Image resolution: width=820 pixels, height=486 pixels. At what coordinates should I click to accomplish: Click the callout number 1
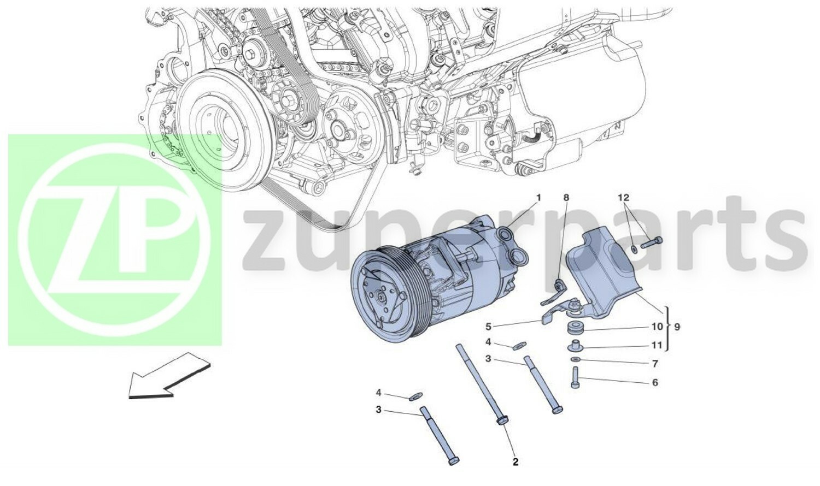click(538, 197)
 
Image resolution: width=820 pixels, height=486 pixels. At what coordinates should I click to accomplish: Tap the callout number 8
click(566, 197)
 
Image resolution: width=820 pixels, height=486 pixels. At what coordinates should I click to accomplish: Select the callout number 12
click(624, 197)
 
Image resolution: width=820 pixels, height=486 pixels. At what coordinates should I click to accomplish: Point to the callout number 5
click(488, 327)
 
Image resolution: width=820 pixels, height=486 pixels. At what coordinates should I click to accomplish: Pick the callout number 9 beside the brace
click(677, 327)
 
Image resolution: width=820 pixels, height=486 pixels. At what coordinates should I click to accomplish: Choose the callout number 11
click(657, 345)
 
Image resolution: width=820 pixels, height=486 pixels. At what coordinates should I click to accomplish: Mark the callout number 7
click(655, 364)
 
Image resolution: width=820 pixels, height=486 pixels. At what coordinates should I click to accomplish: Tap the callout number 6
click(655, 383)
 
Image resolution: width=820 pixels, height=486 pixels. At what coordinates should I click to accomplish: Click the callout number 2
click(515, 463)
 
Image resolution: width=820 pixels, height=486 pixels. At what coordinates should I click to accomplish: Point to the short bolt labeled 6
click(575, 377)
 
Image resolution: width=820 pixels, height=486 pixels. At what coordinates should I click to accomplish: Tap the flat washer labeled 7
click(575, 359)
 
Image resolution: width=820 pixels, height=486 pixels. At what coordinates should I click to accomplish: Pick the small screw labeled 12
click(651, 243)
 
